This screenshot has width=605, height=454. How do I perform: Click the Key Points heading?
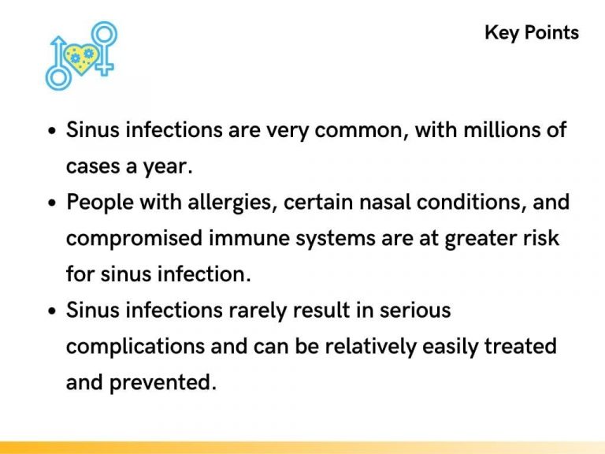532,33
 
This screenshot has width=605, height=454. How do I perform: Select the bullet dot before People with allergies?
52,203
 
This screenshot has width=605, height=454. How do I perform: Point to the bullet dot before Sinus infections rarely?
52,311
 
